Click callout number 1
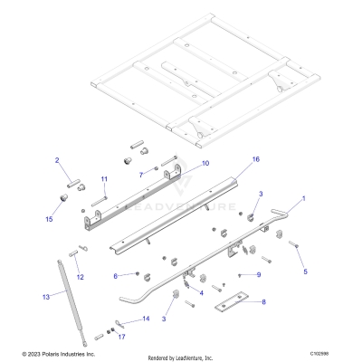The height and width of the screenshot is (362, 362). pos(303,197)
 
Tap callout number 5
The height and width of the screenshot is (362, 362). pos(305,271)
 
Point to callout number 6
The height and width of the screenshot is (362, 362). pos(115,275)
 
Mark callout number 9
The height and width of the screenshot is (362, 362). pos(258,274)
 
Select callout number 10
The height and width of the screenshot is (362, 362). pos(205,163)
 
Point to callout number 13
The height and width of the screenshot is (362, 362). pos(46,296)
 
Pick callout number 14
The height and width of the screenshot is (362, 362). pos(145,319)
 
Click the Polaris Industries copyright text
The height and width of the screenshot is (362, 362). pos(59,355)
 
